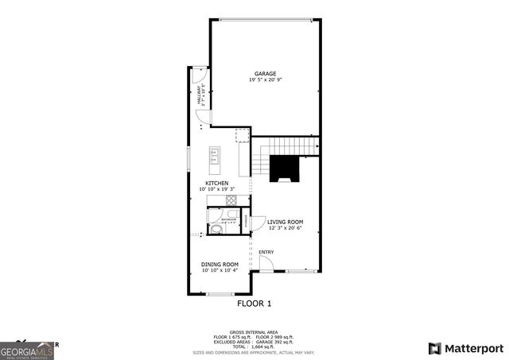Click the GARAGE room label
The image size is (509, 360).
coord(265,74)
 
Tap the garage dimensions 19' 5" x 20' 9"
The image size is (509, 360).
coord(265,80)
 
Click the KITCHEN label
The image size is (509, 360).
coord(216,184)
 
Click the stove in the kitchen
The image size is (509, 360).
coord(242,136)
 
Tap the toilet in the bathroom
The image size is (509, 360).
coord(215,230)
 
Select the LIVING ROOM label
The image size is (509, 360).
coord(285,223)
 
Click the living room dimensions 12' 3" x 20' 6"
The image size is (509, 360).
coord(285,229)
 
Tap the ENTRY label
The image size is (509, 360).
coord(266,253)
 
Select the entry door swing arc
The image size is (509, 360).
coord(268,263)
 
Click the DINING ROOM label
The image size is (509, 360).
coord(220,264)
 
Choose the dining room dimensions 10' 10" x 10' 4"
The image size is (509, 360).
coord(220,270)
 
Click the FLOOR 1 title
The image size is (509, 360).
coord(254,304)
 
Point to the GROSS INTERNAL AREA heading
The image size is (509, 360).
coord(254,332)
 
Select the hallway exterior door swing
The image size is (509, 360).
coord(200,78)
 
